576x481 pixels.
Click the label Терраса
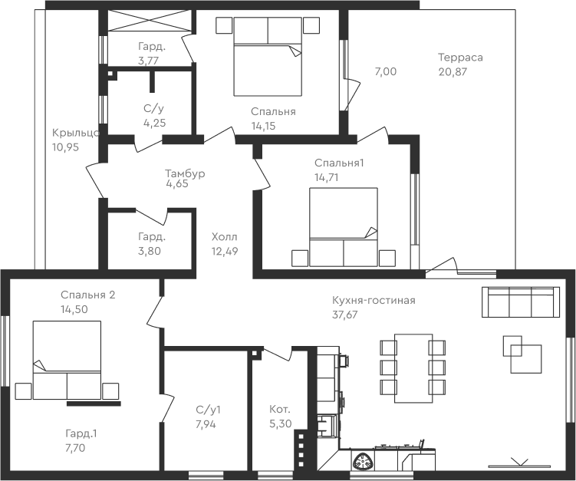point(460,58)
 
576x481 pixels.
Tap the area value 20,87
point(453,71)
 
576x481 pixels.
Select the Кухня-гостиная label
point(374,300)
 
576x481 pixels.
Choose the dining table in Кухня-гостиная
point(413,367)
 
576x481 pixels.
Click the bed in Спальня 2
point(67,360)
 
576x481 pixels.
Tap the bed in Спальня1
point(344,227)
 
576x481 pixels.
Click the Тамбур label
point(185,173)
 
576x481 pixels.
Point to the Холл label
point(225,237)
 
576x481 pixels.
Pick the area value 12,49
point(226,250)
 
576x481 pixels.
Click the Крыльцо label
point(74,132)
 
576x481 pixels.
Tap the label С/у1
point(208,409)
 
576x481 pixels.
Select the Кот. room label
point(279,409)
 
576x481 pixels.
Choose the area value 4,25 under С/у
point(154,122)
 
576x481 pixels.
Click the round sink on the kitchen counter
point(361,460)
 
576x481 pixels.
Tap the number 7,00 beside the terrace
point(385,71)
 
